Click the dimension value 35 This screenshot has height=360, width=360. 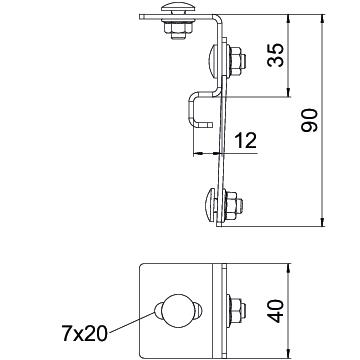[x=275, y=55]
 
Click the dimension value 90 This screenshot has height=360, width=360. [x=309, y=120]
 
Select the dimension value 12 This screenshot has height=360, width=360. [x=246, y=140]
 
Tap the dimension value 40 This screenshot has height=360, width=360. [x=276, y=311]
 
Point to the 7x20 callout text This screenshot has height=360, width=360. [x=85, y=333]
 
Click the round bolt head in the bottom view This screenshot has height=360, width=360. [x=178, y=311]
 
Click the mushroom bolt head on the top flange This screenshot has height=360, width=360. [x=178, y=7]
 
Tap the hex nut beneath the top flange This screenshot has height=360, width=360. [x=178, y=29]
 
